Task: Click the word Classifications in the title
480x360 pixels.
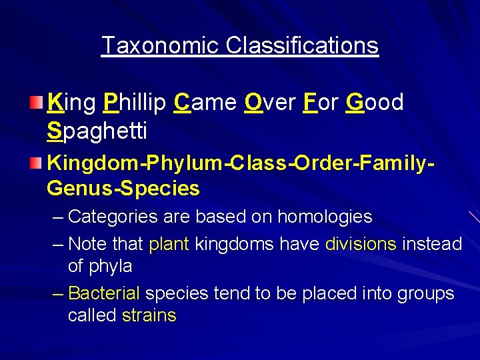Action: [302, 45]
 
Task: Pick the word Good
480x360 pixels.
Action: [375, 103]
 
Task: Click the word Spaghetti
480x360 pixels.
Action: [97, 131]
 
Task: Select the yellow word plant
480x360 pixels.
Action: [169, 244]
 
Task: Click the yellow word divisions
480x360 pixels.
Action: [361, 244]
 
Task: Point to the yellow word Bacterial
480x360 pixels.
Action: [104, 293]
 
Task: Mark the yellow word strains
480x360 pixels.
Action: [149, 315]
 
